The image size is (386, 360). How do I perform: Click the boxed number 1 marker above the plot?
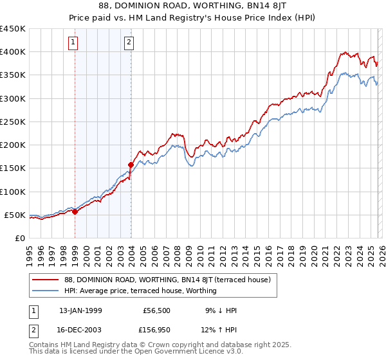point(73,43)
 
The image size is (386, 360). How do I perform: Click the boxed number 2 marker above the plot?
point(129,43)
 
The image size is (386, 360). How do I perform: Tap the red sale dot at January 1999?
point(75,212)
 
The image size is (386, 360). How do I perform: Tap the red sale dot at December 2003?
point(131,165)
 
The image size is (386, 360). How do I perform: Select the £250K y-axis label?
point(13,122)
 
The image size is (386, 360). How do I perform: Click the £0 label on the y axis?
point(19,238)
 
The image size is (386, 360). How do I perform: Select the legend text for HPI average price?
point(140,291)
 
